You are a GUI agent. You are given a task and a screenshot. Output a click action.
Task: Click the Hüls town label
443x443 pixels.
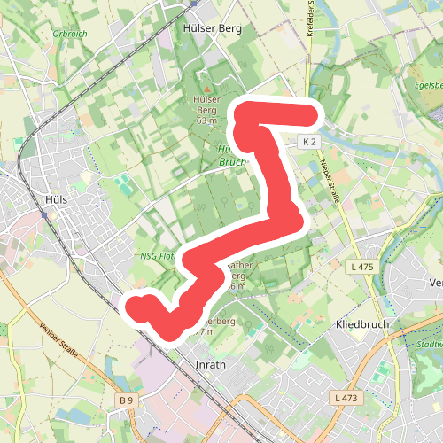tap(55, 199)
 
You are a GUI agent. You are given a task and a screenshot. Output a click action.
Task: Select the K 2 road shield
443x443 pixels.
tap(308, 142)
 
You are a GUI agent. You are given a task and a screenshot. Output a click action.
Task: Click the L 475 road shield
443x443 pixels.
tap(360, 267)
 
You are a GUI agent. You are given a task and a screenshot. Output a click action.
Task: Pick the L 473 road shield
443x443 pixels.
tap(346, 398)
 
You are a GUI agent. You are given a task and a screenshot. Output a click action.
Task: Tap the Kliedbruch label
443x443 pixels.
tap(363, 325)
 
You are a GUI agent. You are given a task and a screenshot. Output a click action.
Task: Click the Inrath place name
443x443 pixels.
tap(210, 363)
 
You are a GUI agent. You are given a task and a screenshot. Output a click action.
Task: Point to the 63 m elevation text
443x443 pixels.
tap(207, 120)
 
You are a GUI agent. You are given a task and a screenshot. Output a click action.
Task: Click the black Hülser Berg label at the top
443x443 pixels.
tap(212, 28)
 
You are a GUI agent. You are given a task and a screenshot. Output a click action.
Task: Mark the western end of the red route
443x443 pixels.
tap(135, 307)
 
